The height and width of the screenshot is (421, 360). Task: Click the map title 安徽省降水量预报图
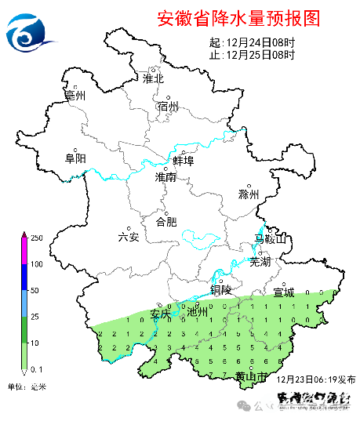(238, 17)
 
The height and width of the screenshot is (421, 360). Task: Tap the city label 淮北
(153, 78)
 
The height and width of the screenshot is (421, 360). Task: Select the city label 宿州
(168, 107)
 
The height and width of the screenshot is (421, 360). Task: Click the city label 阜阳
(75, 158)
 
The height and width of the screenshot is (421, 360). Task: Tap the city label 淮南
(165, 178)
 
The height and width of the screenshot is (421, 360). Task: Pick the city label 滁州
(248, 194)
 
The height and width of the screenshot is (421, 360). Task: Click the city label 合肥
(166, 222)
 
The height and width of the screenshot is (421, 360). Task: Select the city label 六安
(128, 237)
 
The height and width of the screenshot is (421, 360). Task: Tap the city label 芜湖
(260, 262)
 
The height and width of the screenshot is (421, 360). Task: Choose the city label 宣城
(283, 292)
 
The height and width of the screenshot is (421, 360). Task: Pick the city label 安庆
(161, 314)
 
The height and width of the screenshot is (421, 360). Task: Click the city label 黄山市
(252, 378)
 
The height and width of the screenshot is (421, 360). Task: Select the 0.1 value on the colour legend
(37, 368)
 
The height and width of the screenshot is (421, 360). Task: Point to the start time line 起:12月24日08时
(253, 42)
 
